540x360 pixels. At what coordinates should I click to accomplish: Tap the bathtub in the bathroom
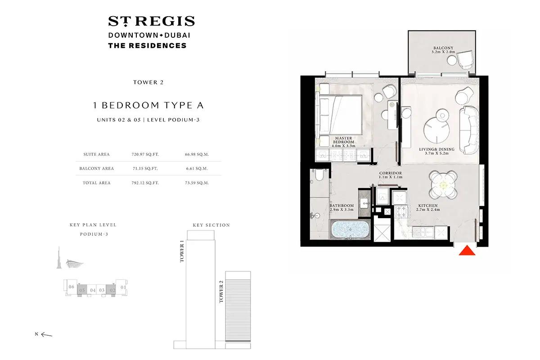pyautogui.click(x=351, y=229)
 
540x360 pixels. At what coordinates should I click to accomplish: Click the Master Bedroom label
pyautogui.click(x=343, y=142)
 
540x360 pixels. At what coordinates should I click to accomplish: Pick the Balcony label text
pyautogui.click(x=443, y=49)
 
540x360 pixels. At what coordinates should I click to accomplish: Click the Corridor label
pyautogui.click(x=390, y=175)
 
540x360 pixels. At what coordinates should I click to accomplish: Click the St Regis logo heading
pyautogui.click(x=151, y=21)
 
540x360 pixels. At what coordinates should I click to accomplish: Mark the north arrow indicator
pyautogui.click(x=46, y=334)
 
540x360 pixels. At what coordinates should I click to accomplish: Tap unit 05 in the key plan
pyautogui.click(x=82, y=290)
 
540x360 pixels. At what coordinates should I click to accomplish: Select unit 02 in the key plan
pyautogui.click(x=112, y=290)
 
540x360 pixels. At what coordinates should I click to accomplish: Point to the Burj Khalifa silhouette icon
pyautogui.click(x=59, y=258)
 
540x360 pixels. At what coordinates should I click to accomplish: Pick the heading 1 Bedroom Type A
pyautogui.click(x=148, y=106)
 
